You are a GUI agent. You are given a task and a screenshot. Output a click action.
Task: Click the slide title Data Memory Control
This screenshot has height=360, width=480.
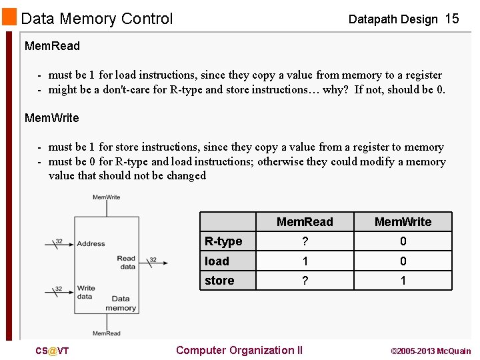pyautogui.click(x=97, y=19)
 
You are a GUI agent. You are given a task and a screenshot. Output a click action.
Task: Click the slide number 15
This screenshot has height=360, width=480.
pyautogui.click(x=451, y=19)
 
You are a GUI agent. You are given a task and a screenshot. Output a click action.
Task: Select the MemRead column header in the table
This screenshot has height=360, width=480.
pyautogui.click(x=305, y=222)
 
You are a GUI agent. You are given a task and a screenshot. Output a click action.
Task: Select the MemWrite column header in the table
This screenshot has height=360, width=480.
pyautogui.click(x=403, y=222)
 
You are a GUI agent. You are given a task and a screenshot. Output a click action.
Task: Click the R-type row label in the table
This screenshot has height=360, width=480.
pyautogui.click(x=223, y=241)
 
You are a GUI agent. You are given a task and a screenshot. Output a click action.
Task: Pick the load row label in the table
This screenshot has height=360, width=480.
pyautogui.click(x=217, y=261)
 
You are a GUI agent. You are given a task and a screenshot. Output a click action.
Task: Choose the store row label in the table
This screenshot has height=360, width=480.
pyautogui.click(x=219, y=281)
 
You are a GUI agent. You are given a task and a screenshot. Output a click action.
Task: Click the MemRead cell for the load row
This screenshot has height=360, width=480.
pyautogui.click(x=305, y=261)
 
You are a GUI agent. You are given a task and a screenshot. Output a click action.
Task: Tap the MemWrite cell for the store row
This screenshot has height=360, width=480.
pyautogui.click(x=403, y=281)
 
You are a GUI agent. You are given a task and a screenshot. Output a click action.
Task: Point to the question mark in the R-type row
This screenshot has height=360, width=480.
pyautogui.click(x=305, y=241)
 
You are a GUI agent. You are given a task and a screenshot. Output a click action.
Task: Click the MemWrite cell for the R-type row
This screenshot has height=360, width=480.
pyautogui.click(x=403, y=241)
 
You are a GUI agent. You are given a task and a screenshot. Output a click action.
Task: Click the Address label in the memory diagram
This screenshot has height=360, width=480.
pyautogui.click(x=91, y=244)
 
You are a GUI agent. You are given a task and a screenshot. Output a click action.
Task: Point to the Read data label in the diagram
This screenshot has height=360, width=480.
pyautogui.click(x=126, y=263)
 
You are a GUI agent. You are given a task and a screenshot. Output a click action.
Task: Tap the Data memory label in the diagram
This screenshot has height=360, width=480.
pyautogui.click(x=121, y=303)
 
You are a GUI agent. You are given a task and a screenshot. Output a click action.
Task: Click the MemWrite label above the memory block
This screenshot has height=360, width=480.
pyautogui.click(x=106, y=197)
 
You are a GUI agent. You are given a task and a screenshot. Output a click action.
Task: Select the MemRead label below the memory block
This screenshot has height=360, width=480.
pyautogui.click(x=107, y=333)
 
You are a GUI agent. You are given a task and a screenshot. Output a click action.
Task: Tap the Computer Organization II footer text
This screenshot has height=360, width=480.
pyautogui.click(x=239, y=351)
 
